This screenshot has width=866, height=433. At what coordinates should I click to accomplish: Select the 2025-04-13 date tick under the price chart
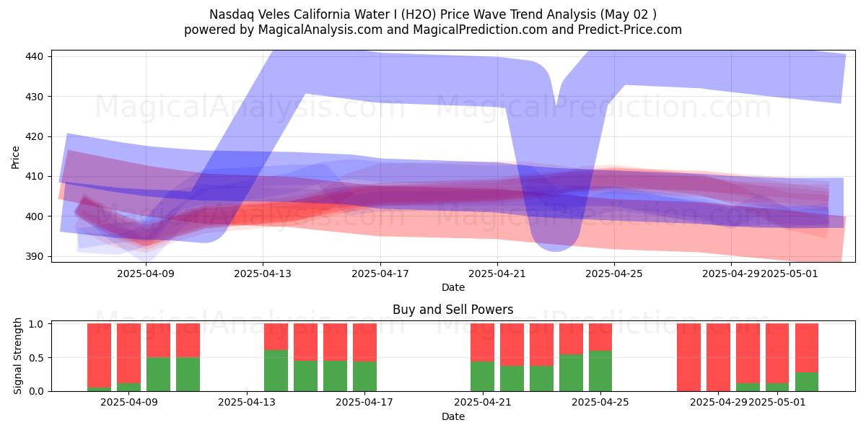(x=263, y=274)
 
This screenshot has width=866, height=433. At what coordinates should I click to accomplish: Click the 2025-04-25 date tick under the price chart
(x=613, y=274)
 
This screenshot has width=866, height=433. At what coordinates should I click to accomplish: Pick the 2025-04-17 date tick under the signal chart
(x=365, y=403)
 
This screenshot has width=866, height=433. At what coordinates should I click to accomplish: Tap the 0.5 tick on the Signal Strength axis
(x=38, y=357)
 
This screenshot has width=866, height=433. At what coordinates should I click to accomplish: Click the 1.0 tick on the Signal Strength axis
(x=38, y=324)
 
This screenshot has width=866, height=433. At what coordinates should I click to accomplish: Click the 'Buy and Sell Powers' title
(x=452, y=310)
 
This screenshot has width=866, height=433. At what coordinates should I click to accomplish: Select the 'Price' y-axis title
(x=16, y=157)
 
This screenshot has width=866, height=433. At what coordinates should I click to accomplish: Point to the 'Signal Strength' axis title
(x=19, y=357)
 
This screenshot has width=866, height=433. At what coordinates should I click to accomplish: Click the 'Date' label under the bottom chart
(x=452, y=416)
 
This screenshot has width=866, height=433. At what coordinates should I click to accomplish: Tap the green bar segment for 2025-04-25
(x=600, y=371)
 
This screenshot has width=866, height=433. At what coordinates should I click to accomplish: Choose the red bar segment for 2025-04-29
(x=718, y=357)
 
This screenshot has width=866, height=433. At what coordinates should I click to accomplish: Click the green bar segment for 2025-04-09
(x=158, y=374)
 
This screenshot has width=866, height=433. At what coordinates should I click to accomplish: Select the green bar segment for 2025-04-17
(x=365, y=376)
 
